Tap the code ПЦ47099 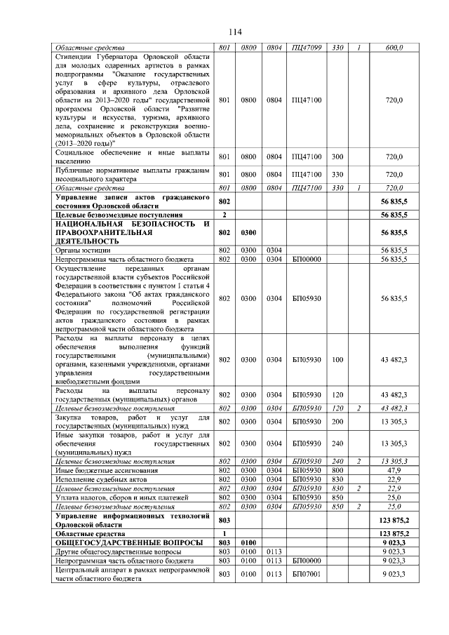click(x=306, y=48)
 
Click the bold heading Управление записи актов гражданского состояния click(x=132, y=202)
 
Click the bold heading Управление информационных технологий click(x=132, y=520)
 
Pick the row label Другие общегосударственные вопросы click(x=107, y=552)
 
